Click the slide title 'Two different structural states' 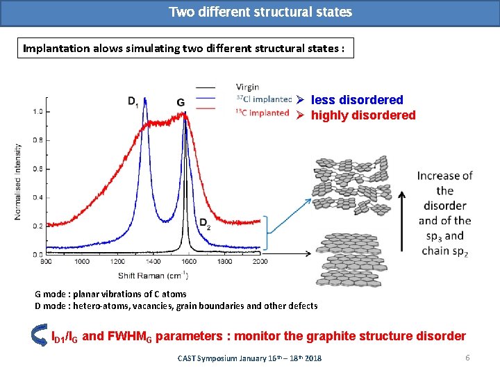(260, 12)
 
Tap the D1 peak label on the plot (133, 101)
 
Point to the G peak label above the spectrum (181, 102)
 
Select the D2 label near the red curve (206, 224)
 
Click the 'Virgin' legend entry (247, 87)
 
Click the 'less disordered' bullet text (356, 100)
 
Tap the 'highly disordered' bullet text (362, 115)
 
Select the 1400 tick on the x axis (153, 262)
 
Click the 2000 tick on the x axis (260, 262)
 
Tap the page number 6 (468, 357)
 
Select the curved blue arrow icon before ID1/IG (40, 336)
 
